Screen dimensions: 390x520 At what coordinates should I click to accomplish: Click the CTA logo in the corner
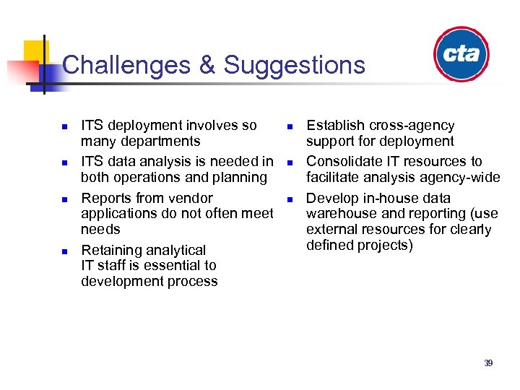(x=462, y=54)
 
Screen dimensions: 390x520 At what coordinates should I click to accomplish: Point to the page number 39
(x=488, y=363)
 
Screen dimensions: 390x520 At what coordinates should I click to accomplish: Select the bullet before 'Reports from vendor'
(x=63, y=199)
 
